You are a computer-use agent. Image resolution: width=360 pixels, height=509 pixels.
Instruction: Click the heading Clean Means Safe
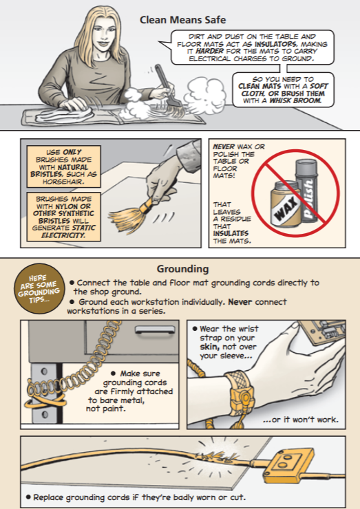(182, 20)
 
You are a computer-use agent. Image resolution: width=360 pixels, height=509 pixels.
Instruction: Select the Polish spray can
(306, 191)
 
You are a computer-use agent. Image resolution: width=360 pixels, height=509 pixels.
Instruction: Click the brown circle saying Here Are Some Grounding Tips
(39, 289)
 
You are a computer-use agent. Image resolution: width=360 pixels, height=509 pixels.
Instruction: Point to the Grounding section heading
(182, 269)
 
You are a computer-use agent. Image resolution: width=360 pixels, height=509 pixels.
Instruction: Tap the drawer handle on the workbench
(155, 329)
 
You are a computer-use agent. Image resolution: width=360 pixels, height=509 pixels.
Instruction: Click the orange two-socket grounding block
(288, 464)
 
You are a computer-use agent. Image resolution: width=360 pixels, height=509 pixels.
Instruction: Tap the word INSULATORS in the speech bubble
(275, 44)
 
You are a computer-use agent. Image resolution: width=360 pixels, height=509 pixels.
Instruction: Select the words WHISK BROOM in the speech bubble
(295, 100)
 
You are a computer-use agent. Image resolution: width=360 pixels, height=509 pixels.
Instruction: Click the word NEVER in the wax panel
(224, 147)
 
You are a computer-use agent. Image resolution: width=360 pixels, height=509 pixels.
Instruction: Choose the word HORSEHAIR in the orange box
(63, 182)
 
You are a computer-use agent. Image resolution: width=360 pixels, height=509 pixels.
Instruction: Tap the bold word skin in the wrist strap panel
(209, 347)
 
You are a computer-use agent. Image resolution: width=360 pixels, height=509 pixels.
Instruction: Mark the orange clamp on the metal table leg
(45, 400)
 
